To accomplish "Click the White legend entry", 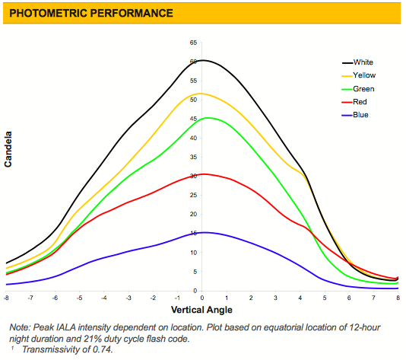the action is [357, 62].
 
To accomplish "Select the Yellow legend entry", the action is [359, 75].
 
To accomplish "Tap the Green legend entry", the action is [358, 89].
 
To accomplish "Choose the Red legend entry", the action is [354, 101].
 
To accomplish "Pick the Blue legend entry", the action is [355, 115].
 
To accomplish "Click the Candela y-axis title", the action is [8, 149].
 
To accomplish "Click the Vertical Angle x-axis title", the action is [201, 310].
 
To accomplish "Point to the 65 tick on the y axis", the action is [193, 43].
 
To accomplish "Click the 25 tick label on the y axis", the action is [193, 195].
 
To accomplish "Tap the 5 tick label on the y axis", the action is [195, 272].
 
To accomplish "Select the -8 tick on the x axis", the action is [6, 298].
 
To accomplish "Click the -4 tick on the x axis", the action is [104, 298].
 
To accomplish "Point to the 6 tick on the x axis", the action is [349, 298].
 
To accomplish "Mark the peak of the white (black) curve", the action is [202, 60].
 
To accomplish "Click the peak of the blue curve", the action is [205, 232].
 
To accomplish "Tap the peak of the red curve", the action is [204, 174].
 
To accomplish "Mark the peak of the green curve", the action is [208, 118].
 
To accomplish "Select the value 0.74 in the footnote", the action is [103, 349].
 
